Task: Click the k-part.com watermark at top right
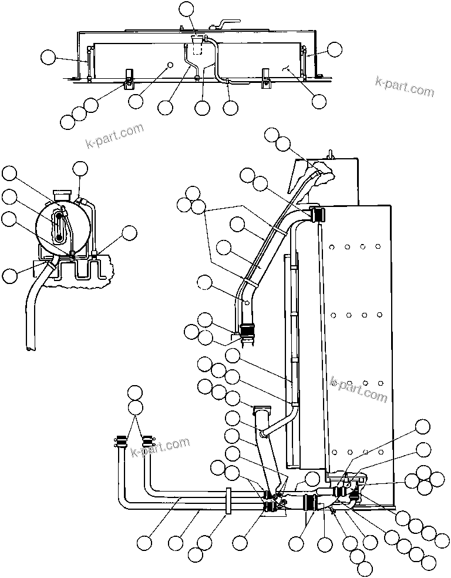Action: (x=405, y=88)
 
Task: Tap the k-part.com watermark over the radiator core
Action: (x=359, y=387)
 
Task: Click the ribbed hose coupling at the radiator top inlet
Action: (x=317, y=215)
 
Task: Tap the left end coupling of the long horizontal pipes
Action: (x=120, y=440)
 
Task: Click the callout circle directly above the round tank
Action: (x=80, y=169)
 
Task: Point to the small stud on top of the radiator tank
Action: (x=330, y=154)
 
